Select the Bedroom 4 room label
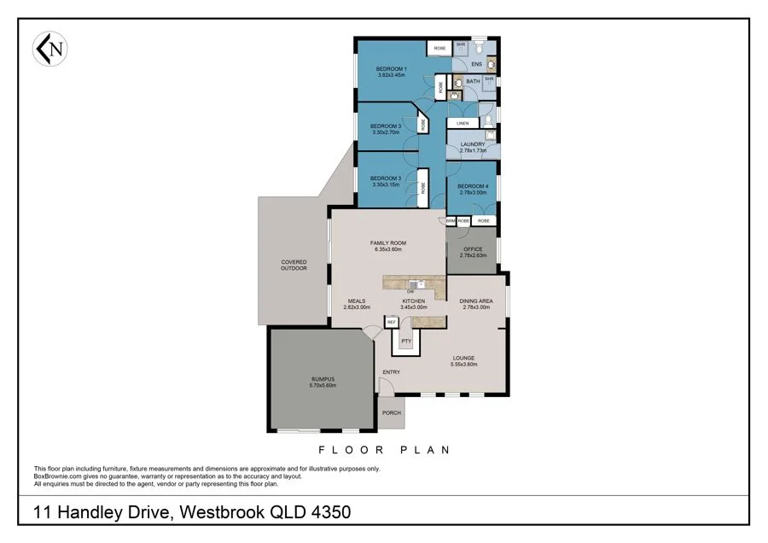(x=473, y=186)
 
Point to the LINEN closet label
(x=463, y=124)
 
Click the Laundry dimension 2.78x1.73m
(x=473, y=150)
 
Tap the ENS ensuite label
(x=477, y=64)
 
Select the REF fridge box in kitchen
(x=393, y=322)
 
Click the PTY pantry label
(x=406, y=341)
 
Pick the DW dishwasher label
(x=410, y=292)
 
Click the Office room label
(x=473, y=249)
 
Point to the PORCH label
(x=392, y=413)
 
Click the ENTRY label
(x=392, y=372)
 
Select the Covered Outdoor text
(x=294, y=266)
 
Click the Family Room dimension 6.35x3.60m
(x=389, y=250)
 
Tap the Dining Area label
(x=475, y=301)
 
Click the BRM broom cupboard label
(x=450, y=220)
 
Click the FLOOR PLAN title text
(x=383, y=450)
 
